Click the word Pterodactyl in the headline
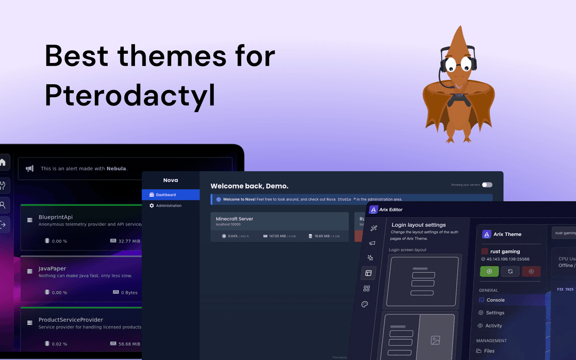[x=130, y=95]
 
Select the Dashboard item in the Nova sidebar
[x=165, y=195]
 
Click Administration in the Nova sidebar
[x=169, y=205]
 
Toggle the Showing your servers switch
[x=487, y=185]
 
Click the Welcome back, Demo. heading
[x=249, y=186]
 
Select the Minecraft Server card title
[x=234, y=219]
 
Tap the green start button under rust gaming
[x=490, y=271]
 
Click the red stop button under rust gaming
[x=531, y=271]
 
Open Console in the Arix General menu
[x=495, y=300]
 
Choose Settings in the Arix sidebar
[x=495, y=313]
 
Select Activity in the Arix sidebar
[x=493, y=325]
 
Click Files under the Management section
[x=489, y=351]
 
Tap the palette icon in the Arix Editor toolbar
[x=365, y=304]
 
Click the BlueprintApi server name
[x=55, y=217]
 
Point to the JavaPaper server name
[x=53, y=268]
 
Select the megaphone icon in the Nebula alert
[x=30, y=168]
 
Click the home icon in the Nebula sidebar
[x=3, y=162]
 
